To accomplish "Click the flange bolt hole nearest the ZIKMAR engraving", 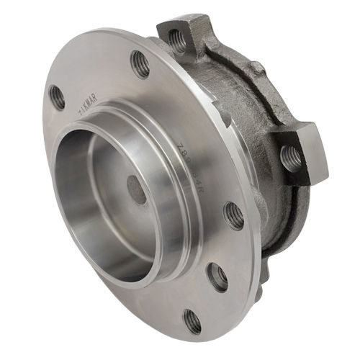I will (56, 96).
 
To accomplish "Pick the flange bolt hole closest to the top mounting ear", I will (140, 64).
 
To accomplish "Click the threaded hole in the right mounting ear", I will (292, 156).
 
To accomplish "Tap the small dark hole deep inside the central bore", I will (137, 189).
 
